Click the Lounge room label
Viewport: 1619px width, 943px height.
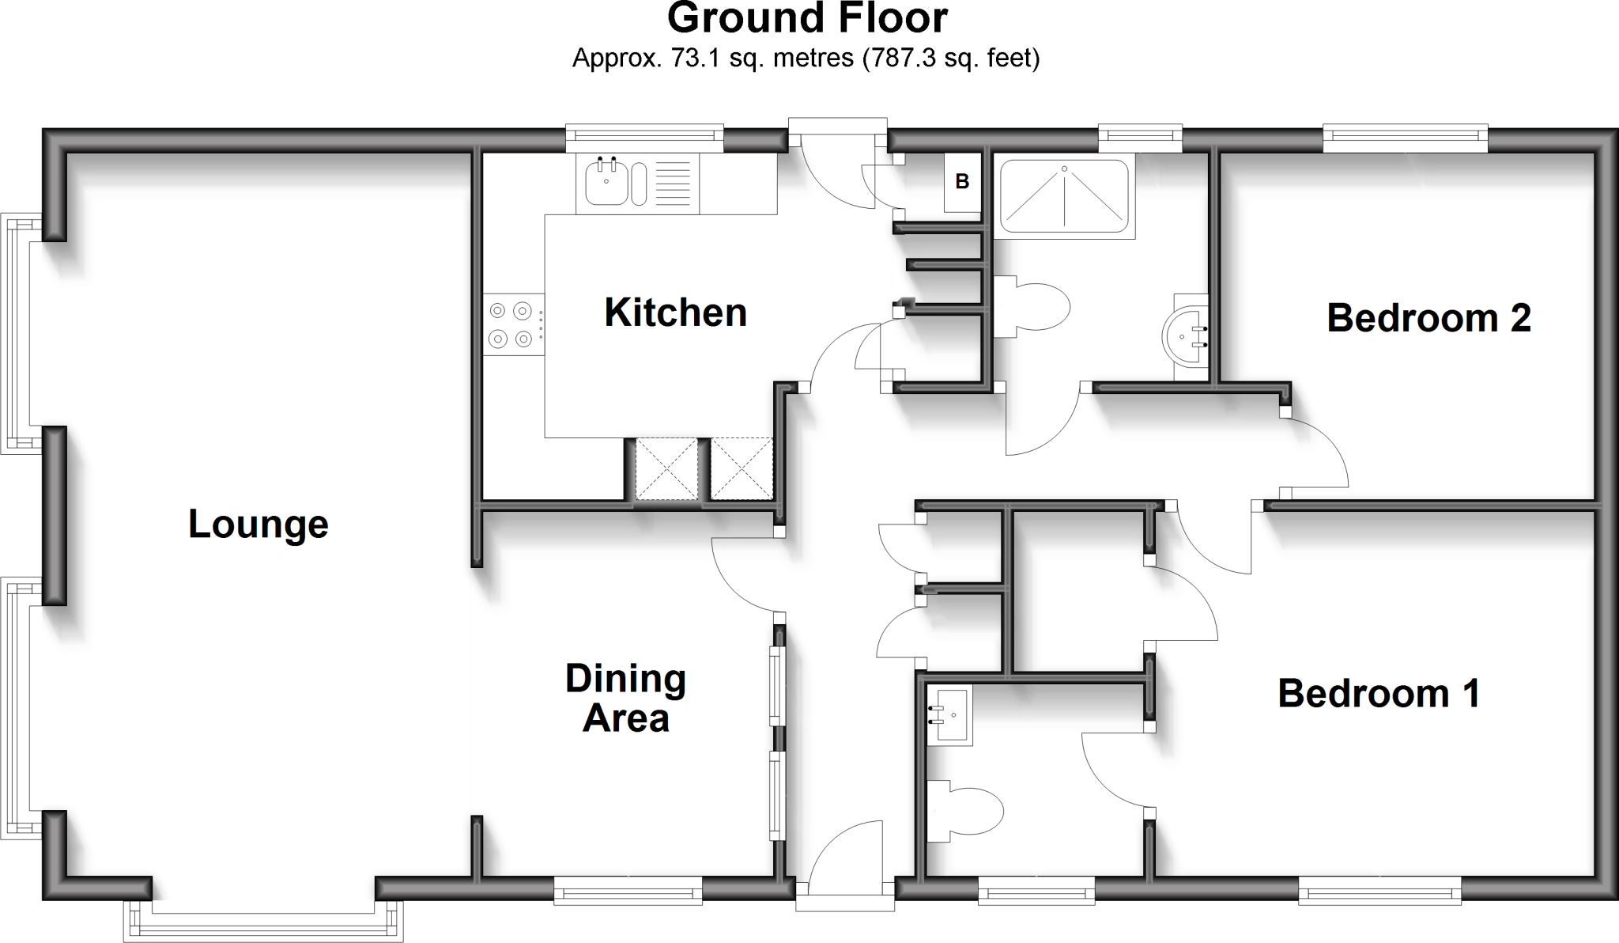tap(258, 525)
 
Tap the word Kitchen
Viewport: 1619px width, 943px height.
tap(675, 312)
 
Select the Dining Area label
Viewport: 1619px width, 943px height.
tap(625, 699)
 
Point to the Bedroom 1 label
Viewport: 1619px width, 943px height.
tap(1379, 693)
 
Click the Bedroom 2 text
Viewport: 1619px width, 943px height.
tap(1428, 318)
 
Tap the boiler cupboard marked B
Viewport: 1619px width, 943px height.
tap(962, 182)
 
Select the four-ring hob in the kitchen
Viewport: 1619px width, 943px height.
tap(511, 324)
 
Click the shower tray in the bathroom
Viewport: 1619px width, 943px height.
tap(1064, 196)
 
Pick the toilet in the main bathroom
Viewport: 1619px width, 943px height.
tap(1032, 307)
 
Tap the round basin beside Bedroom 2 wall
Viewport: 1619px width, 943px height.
tap(1186, 338)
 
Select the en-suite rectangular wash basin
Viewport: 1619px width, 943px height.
tap(951, 716)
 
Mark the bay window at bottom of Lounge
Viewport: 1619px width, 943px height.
tap(264, 918)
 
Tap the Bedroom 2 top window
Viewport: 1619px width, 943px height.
tap(1406, 138)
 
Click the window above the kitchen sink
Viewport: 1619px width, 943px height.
tap(645, 138)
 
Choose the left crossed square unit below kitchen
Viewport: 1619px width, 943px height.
tap(666, 468)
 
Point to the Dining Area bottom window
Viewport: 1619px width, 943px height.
tap(628, 892)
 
